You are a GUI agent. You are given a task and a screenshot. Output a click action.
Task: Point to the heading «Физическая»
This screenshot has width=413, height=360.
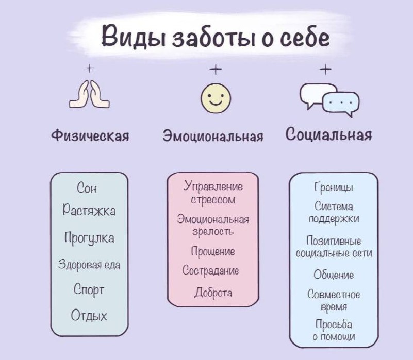90,135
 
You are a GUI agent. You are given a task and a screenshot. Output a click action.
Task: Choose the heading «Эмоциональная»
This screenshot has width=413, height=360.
213,136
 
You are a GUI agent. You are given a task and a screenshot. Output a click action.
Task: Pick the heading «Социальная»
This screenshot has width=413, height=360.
328,135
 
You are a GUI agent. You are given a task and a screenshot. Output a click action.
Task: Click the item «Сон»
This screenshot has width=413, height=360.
87,188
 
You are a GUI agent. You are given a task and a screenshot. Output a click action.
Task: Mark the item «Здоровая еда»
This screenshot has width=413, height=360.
89,265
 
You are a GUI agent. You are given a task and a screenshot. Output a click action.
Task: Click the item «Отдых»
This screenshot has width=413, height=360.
89,315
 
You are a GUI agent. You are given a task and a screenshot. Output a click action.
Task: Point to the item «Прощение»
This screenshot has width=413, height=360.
212,252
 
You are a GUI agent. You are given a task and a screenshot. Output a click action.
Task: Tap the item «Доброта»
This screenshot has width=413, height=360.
213,293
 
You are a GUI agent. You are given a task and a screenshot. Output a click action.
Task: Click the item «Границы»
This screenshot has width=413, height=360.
333,188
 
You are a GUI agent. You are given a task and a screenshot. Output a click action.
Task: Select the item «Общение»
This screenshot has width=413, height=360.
334,275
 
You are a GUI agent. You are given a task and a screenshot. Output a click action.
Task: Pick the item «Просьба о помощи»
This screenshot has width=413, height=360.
334,331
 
